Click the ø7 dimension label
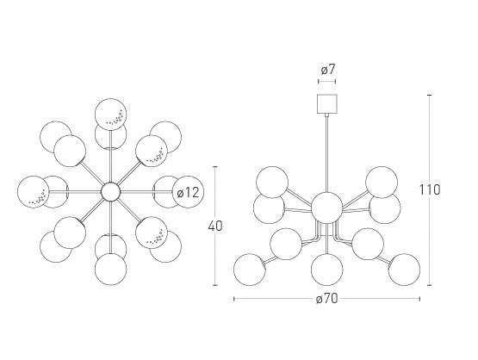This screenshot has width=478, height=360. [x=328, y=70]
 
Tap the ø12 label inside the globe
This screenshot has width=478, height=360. [x=188, y=193]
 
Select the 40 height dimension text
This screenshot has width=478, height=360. [x=215, y=227]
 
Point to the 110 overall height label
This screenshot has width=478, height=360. [x=430, y=190]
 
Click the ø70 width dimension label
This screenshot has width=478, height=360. [x=326, y=299]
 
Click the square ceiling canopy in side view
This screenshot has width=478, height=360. [x=327, y=103]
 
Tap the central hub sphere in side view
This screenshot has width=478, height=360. [x=326, y=208]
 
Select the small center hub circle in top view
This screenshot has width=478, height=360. [x=111, y=192]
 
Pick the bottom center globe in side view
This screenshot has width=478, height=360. [x=326, y=270]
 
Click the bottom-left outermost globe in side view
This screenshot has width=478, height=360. [x=250, y=270]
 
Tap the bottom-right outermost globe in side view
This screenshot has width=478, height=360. [x=404, y=270]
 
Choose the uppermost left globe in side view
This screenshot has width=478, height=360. [x=272, y=182]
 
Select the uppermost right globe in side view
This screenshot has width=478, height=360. [x=382, y=182]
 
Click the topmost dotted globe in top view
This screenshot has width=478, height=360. [x=110, y=115]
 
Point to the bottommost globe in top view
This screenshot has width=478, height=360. [x=110, y=270]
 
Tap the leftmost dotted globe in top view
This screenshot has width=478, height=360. [x=34, y=192]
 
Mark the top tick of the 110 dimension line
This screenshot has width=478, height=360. [x=430, y=95]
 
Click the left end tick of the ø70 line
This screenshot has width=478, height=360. [x=233, y=299]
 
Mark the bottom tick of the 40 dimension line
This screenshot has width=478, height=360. [x=215, y=285]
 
